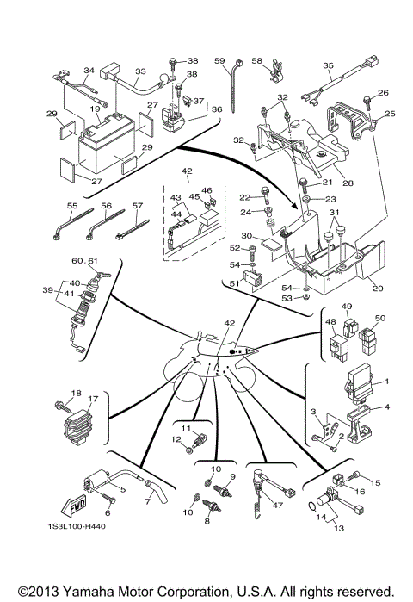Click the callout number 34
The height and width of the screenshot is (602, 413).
pos(88,71)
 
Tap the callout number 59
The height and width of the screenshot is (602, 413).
pos(219,60)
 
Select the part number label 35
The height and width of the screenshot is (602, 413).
pos(328,65)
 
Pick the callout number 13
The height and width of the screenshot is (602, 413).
pos(336,527)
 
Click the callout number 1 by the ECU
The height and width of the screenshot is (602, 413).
pos(386,381)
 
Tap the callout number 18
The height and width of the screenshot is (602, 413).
pos(76,394)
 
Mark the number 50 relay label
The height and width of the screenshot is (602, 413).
pos(380,318)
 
